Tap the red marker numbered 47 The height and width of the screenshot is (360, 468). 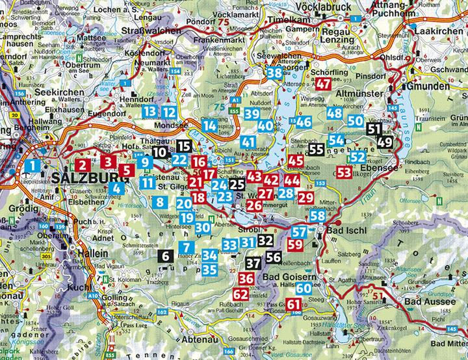pos(324,84)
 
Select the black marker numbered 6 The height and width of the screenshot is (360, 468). pos(166,255)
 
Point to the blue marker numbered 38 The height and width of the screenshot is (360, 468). pos(274,73)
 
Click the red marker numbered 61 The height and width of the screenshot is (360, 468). pos(294,304)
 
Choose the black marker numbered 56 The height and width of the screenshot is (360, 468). pos(274,257)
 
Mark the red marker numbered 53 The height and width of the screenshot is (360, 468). pos(344,172)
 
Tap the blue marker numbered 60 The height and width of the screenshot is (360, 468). pos(304,288)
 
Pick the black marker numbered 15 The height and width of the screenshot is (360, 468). pos(184,146)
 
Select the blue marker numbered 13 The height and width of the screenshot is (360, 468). pos(149,112)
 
